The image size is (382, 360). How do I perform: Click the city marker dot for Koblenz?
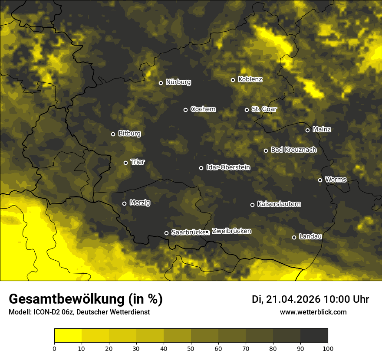point(233,80)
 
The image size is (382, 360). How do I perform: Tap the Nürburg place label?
point(178,82)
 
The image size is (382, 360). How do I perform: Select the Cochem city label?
point(203,109)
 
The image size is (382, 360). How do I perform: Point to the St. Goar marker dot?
point(247,110)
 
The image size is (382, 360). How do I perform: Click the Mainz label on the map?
point(322,129)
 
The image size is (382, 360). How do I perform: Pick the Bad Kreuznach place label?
point(293,150)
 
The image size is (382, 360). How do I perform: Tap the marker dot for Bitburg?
point(113,134)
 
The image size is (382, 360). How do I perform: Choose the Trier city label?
point(138,162)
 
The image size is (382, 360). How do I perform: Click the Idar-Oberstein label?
point(228,167)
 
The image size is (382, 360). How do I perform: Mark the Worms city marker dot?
point(320,180)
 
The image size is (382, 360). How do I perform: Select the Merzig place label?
point(139,203)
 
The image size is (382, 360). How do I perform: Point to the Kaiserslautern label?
point(279,204)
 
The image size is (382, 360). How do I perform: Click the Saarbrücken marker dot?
point(166,233)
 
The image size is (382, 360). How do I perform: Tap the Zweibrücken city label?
point(231,231)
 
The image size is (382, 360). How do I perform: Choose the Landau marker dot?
point(294,237)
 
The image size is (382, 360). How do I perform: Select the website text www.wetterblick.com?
point(313,312)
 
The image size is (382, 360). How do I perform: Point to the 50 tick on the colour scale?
point(191,348)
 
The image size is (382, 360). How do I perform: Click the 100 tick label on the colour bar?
point(328,348)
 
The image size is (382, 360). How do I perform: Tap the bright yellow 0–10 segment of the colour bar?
point(68,336)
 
